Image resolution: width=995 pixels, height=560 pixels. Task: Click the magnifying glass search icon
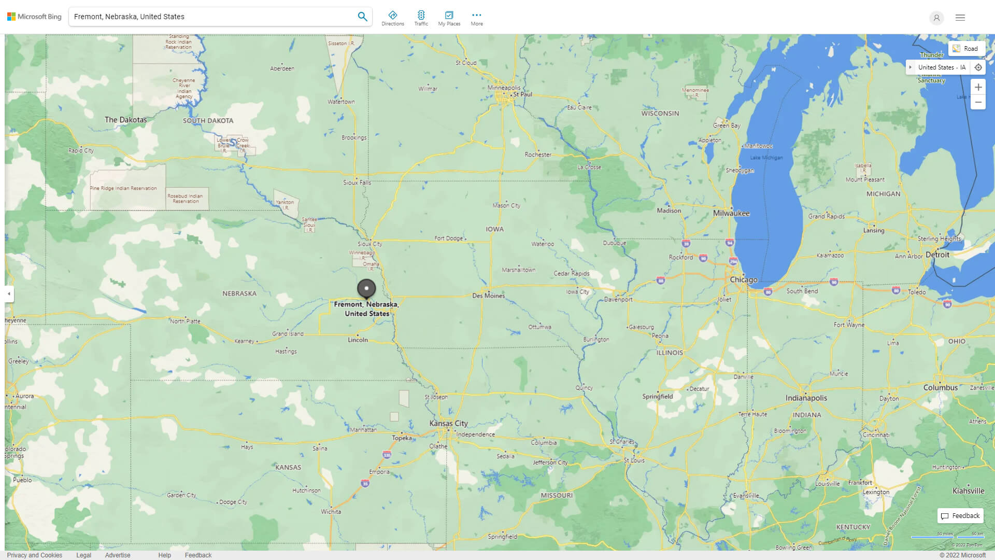[362, 17]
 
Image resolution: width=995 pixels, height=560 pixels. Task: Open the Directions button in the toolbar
[392, 18]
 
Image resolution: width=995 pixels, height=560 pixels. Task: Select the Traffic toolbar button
[421, 18]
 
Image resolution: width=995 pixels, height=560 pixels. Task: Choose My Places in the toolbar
[449, 18]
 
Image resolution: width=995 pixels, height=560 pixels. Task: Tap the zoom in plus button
[978, 87]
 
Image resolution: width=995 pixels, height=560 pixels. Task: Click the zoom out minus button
[978, 102]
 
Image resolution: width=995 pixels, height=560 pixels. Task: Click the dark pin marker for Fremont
[366, 288]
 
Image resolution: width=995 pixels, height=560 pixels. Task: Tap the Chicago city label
[743, 279]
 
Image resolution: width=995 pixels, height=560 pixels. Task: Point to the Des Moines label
[488, 296]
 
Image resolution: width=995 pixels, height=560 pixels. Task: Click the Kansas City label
[448, 423]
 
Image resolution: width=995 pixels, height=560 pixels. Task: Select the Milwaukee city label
[731, 213]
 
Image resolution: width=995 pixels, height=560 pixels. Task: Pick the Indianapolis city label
[806, 398]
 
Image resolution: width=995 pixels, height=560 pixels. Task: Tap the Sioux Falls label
[357, 183]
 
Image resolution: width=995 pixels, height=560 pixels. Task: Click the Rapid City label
[81, 150]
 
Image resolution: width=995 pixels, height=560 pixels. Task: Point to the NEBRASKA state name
[239, 293]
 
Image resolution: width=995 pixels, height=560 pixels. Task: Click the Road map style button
[966, 49]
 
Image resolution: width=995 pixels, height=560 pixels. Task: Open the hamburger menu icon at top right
[960, 18]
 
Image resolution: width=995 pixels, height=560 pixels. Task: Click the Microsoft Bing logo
[34, 17]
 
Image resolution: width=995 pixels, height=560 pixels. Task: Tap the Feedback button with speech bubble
[960, 515]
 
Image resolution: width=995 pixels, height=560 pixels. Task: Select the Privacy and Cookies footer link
[34, 555]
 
